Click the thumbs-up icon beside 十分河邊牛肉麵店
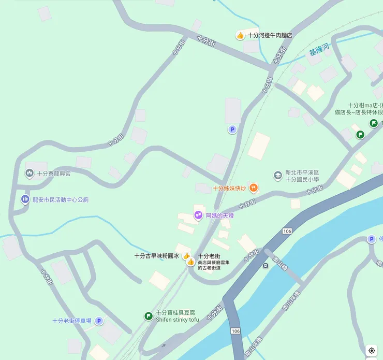pos(240,35)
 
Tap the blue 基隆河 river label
pos(319,51)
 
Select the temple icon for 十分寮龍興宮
pos(30,174)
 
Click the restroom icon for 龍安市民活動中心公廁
pos(25,199)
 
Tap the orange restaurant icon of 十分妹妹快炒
pos(254,188)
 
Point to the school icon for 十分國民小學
pos(278,176)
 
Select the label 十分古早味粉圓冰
pos(156,256)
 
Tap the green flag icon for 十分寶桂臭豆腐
pos(148,316)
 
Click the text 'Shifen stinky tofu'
pos(177,320)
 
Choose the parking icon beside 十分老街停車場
pos(99,321)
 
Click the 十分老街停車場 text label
pos(72,321)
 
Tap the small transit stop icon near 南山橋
pos(266,266)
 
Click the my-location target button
pos(372,351)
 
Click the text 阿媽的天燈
pos(219,215)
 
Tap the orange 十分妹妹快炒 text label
pos(229,188)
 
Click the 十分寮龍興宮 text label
pos(54,174)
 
